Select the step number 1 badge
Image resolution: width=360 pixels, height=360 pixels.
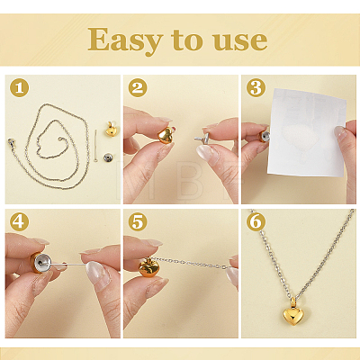[19, 88]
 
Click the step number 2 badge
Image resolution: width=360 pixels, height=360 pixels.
[138, 88]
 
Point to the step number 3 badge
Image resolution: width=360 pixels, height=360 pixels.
[256, 88]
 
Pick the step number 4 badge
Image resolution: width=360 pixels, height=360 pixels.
[19, 222]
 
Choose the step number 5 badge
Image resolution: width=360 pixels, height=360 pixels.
[138, 222]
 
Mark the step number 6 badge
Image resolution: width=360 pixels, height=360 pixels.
[256, 222]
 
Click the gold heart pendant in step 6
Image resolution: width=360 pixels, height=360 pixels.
[293, 313]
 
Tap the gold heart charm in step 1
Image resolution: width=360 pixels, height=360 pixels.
[110, 129]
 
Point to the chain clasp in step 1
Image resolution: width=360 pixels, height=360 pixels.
[11, 141]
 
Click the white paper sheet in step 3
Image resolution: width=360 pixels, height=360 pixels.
[307, 132]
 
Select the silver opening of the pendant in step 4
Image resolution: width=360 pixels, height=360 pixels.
[42, 263]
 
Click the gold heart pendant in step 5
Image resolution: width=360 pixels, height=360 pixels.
[148, 267]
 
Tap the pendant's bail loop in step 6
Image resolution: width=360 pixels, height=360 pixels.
[293, 301]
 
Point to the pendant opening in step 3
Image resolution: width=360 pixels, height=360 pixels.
[264, 138]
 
